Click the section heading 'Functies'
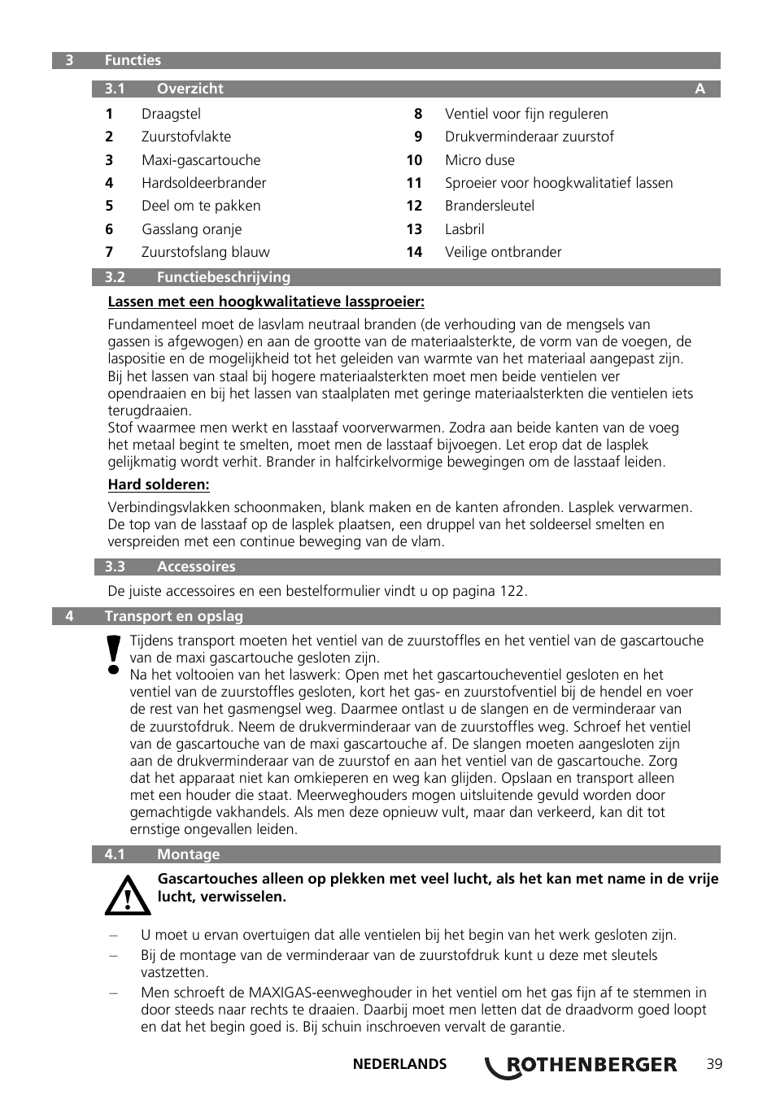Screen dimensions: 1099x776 133,60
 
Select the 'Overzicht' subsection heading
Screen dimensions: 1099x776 190,89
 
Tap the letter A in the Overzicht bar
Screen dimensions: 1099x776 700,89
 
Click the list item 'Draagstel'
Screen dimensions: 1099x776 171,114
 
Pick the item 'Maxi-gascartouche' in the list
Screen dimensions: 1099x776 201,160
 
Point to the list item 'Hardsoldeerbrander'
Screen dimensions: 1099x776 203,183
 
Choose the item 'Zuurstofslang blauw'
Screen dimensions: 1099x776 205,252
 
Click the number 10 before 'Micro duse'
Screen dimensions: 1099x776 414,160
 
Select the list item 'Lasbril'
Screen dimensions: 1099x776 464,229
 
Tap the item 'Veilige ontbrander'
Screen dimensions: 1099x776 503,252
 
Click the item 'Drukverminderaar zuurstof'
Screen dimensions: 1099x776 529,137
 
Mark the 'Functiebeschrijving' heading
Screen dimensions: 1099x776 223,277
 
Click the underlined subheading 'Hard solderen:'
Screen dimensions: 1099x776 159,484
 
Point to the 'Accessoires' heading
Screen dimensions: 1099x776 196,567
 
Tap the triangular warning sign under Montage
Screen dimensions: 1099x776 128,895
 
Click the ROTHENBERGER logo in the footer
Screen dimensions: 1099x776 582,1065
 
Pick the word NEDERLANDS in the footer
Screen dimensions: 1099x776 399,1064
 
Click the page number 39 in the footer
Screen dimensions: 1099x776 714,1064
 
